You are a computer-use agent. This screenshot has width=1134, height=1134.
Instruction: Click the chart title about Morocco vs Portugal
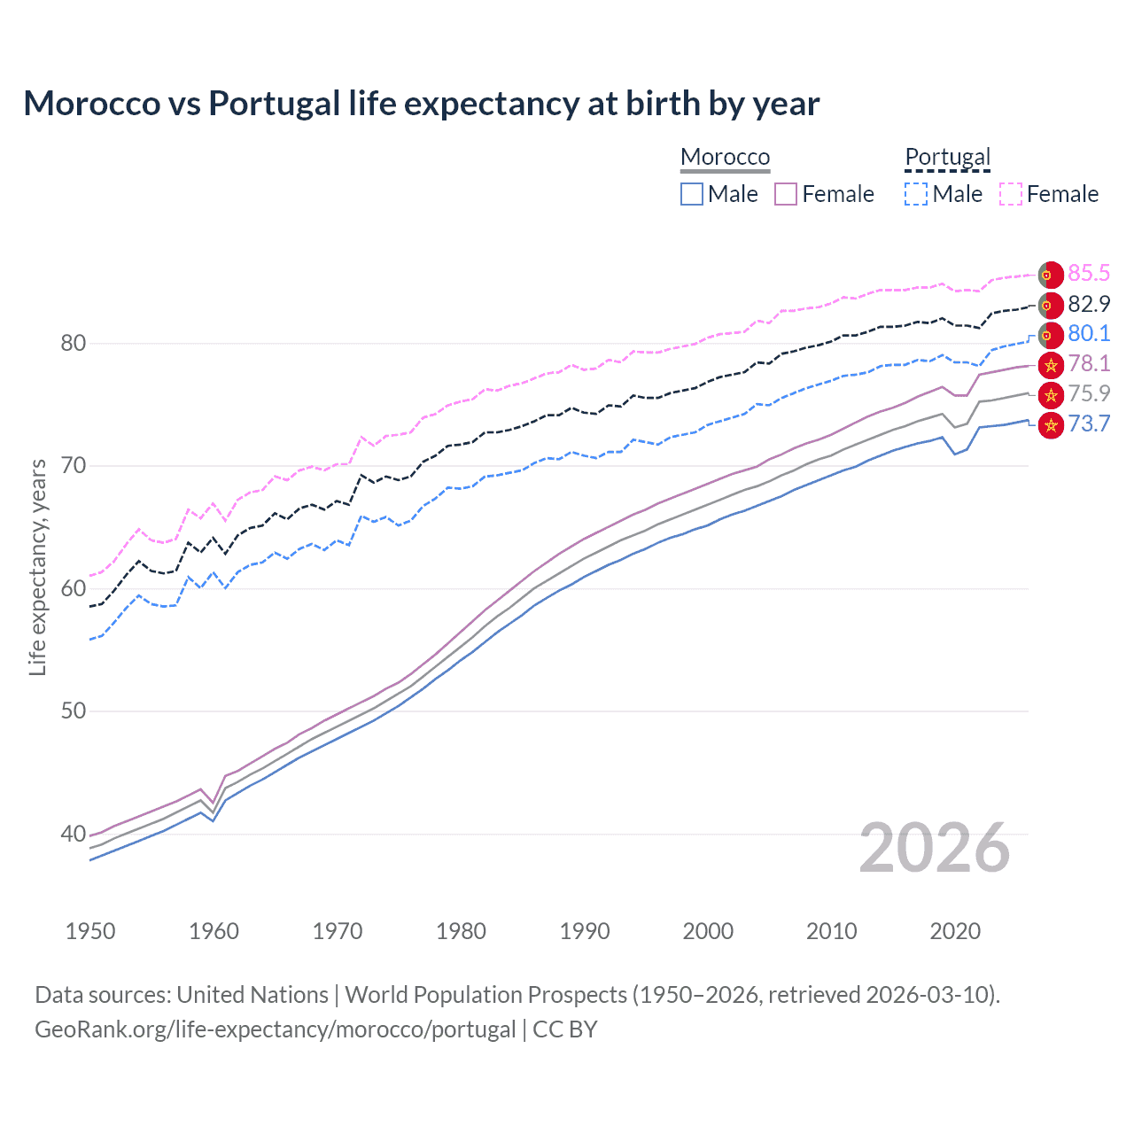point(421,104)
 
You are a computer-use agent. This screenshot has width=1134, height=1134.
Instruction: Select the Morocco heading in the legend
point(725,157)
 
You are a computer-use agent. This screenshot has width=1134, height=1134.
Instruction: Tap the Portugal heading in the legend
point(947,157)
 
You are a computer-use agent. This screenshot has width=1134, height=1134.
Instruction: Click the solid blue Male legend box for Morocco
point(692,194)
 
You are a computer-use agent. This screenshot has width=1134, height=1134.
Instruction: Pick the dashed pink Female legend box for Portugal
point(1011,194)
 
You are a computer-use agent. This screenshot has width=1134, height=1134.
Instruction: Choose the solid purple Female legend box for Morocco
point(786,194)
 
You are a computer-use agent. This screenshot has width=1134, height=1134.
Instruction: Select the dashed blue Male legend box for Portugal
point(916,194)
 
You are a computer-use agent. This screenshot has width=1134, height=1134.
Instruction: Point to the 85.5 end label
point(1089,273)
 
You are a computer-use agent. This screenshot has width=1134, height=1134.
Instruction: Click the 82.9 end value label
point(1089,304)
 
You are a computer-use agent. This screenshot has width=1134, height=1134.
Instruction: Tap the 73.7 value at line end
point(1089,423)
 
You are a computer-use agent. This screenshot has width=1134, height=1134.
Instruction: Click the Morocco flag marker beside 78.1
point(1051,364)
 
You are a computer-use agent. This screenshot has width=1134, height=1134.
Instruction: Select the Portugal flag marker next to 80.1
point(1051,336)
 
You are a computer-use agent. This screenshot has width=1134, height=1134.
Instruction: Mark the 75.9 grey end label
point(1089,393)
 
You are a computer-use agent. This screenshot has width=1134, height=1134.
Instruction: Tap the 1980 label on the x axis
point(461,931)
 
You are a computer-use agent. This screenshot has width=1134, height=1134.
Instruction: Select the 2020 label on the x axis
point(955,931)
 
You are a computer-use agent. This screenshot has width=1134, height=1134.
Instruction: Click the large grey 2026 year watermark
point(934,848)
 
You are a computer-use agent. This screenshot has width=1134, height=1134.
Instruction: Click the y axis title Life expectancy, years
point(37,567)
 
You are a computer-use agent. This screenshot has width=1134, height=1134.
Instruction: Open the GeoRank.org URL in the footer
point(275,1029)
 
